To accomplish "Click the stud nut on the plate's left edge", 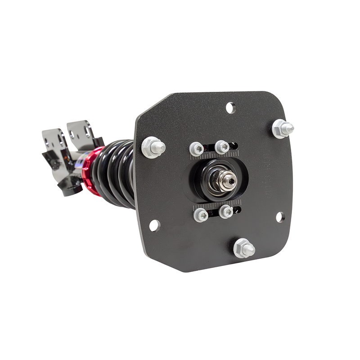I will coord(153,147).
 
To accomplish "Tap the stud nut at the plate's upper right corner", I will coord(282,129).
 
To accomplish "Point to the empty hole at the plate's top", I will coord(230,108).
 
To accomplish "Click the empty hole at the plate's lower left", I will coord(154,225).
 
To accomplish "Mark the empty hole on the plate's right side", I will coord(280,217).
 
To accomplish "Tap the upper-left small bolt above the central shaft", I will coord(197,148).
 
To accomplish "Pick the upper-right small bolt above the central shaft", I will coord(222,147).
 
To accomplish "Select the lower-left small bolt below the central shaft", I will coord(201,215).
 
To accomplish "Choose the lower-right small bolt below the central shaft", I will coord(226,211).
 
